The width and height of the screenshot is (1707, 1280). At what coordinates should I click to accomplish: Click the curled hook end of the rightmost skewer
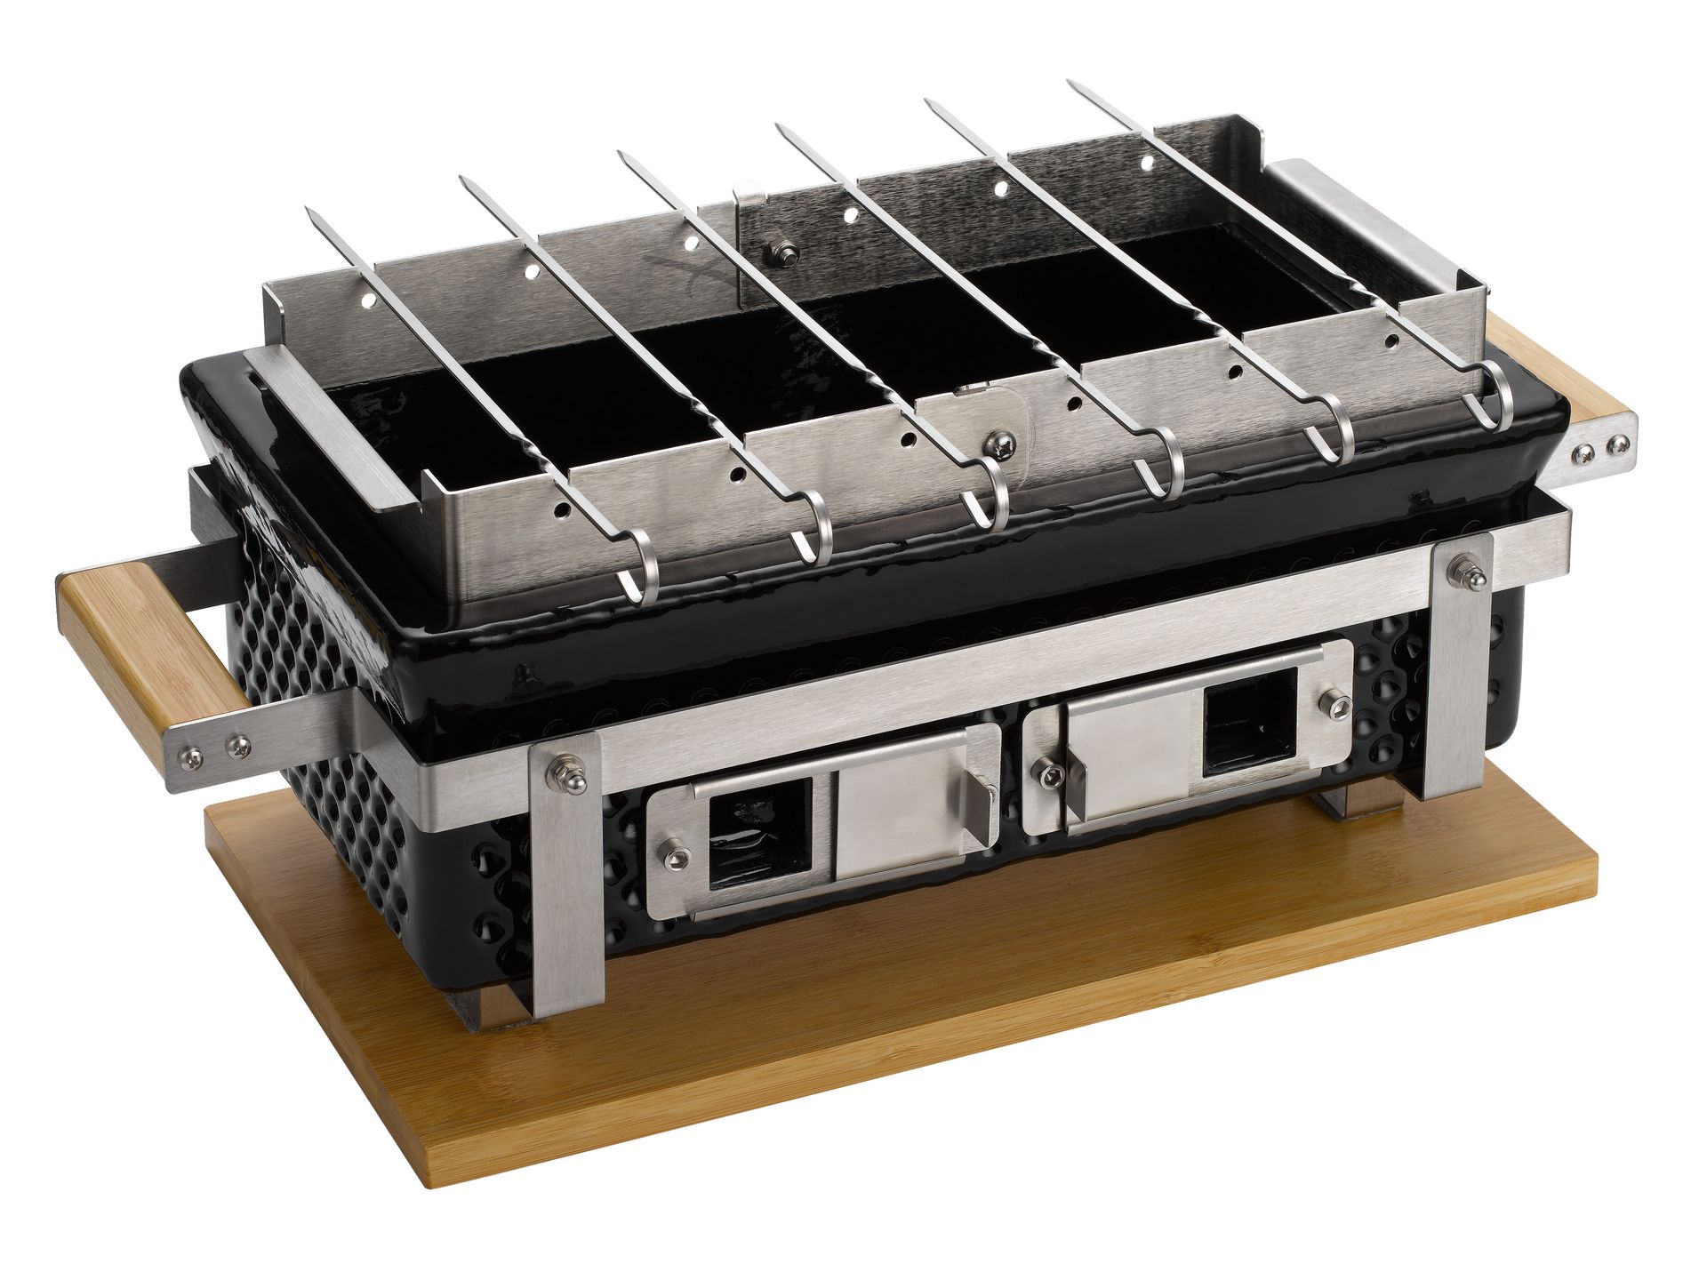point(1497,404)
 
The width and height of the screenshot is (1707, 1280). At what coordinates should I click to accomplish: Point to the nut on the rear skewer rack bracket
point(785,255)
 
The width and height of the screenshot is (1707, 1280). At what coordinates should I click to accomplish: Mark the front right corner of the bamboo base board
point(1596,859)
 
